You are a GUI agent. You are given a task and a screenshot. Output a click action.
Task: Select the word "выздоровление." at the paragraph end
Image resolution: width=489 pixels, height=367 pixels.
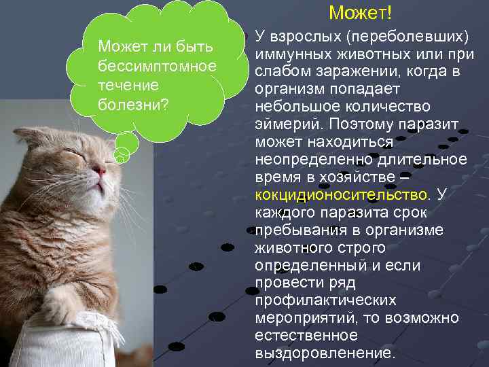tap(324, 354)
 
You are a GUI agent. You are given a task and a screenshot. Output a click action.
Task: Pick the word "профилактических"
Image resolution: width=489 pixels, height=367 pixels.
tap(325, 301)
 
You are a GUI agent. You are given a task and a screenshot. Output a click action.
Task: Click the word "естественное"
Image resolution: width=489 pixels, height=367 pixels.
tap(306, 336)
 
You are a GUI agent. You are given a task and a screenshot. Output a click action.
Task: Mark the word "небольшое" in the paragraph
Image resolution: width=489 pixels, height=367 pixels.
tap(289, 107)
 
